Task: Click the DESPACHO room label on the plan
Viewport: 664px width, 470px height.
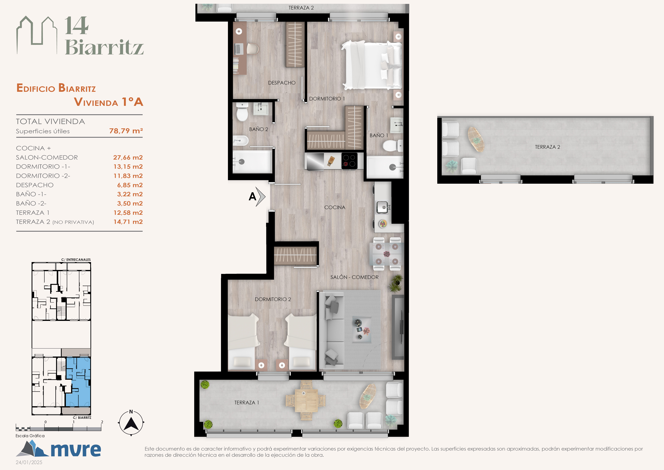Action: coord(282,83)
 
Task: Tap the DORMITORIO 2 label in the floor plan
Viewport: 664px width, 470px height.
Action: coord(273,299)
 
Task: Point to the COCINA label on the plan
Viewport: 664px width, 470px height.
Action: coord(335,208)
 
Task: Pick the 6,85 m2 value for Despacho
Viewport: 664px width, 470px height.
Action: coord(130,185)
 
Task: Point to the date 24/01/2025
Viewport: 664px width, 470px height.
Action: coord(29,462)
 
